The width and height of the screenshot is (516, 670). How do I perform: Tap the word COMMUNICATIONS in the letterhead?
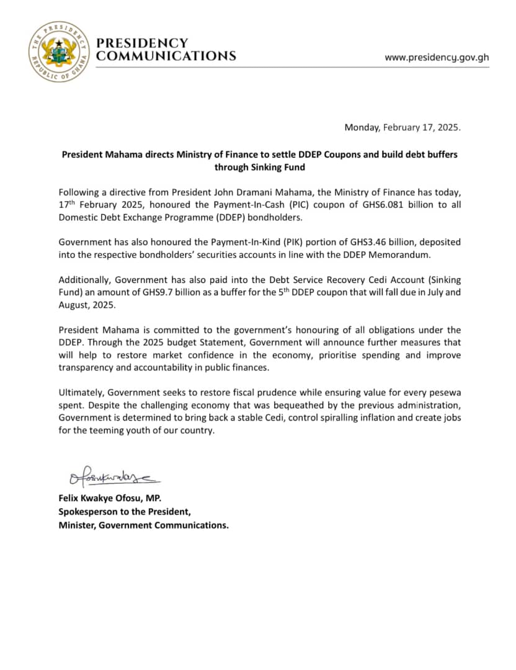point(166,56)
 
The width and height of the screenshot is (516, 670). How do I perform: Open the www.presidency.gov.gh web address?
point(437,57)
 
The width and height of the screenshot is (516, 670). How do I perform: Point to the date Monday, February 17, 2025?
point(403,128)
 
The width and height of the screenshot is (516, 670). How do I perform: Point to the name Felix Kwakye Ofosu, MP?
point(110,499)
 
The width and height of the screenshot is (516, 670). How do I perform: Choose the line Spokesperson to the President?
point(125,512)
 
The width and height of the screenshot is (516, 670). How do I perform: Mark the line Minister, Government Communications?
point(143,525)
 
